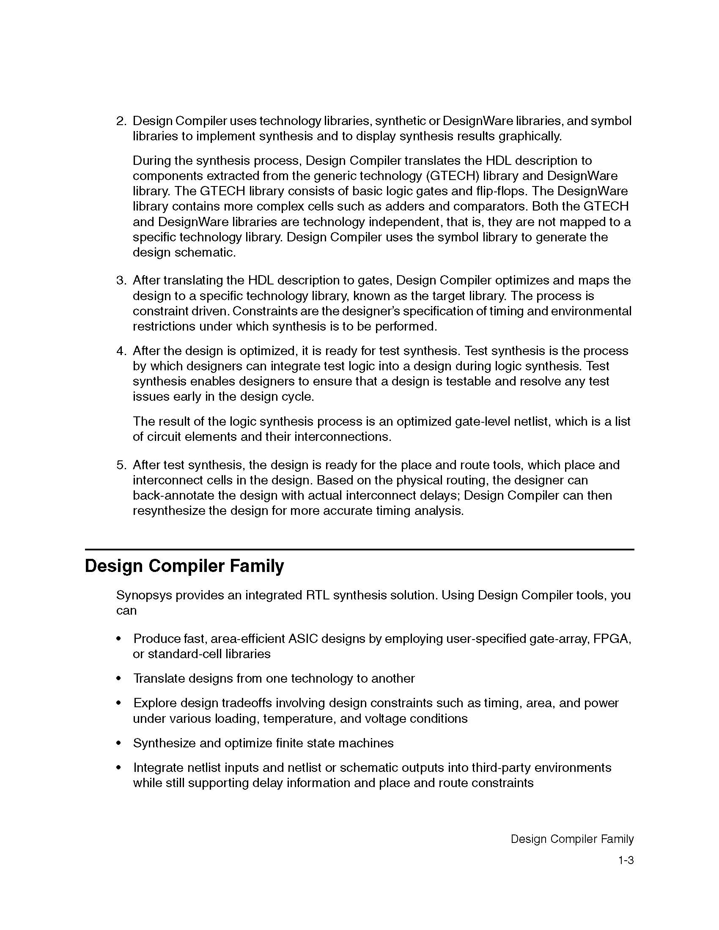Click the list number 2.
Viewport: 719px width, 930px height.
121,121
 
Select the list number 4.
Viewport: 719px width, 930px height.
121,351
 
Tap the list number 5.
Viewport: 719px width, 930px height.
121,465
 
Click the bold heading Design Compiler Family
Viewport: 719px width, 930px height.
184,566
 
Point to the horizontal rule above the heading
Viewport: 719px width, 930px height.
359,550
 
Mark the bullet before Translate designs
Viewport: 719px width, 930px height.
119,679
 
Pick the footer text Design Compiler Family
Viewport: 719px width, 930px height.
572,839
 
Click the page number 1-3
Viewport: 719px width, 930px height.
626,861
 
